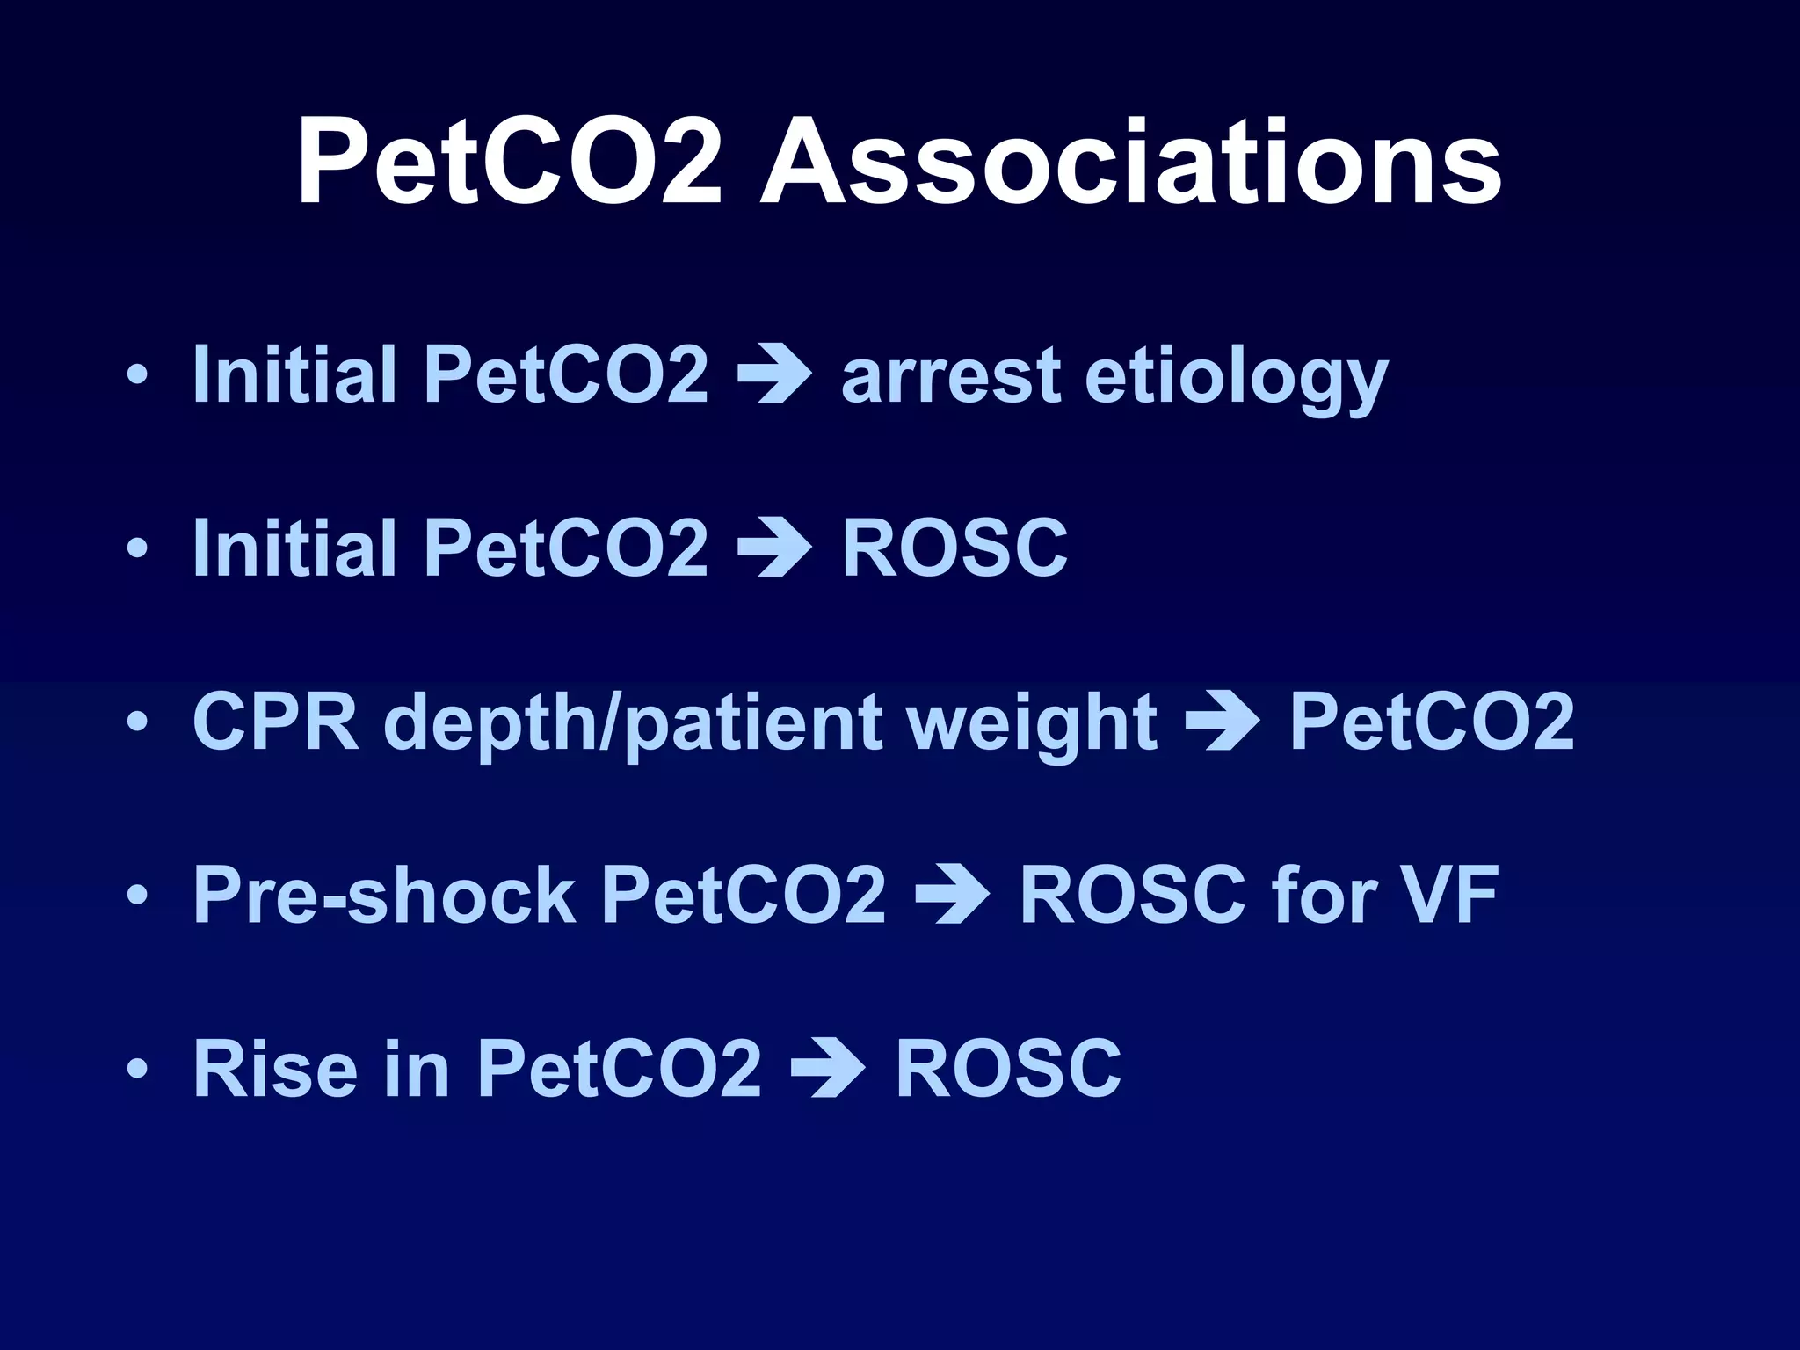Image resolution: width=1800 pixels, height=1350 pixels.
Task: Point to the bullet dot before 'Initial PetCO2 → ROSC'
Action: pos(137,548)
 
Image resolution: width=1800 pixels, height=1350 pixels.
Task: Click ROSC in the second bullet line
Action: pos(954,548)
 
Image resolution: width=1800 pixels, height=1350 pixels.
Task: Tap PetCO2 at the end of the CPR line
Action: pos(1431,722)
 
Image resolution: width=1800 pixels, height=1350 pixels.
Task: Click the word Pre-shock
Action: pos(384,895)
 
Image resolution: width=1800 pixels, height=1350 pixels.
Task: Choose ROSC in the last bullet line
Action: pos(1008,1069)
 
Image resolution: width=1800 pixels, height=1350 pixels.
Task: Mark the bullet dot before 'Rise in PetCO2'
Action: pos(137,1069)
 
